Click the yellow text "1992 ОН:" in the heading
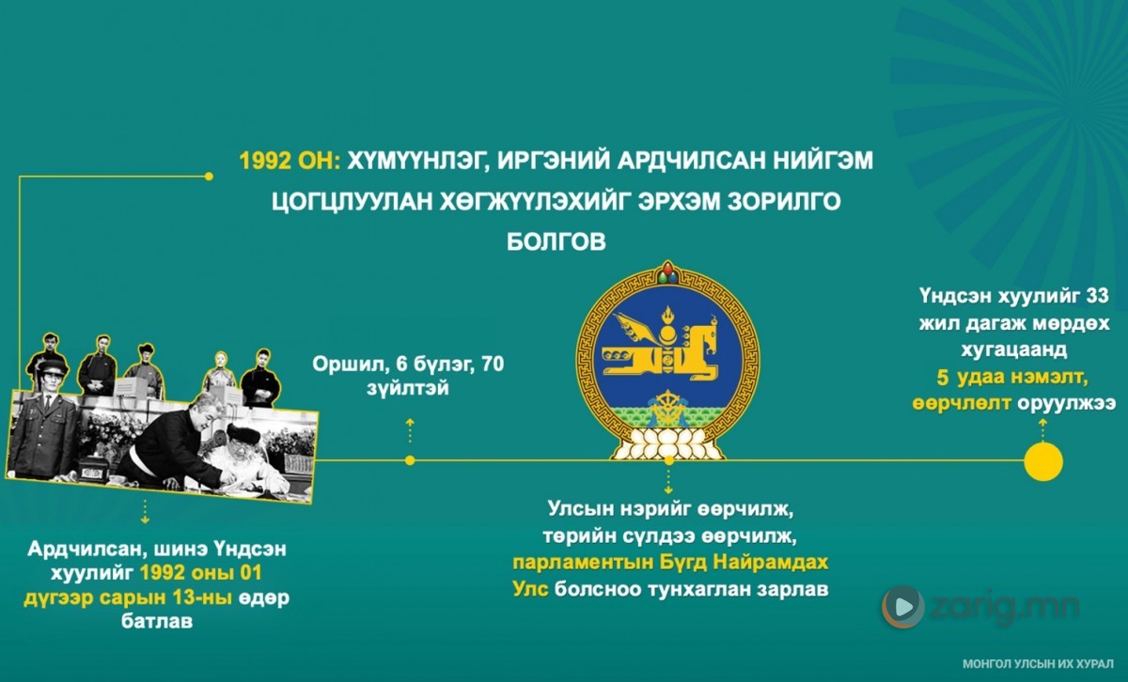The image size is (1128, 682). [290, 161]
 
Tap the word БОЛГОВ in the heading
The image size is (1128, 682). [556, 241]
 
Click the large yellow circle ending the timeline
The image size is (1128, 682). [1043, 461]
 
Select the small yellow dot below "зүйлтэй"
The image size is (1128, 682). [410, 460]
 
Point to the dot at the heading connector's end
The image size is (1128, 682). [209, 177]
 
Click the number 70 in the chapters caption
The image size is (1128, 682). [493, 364]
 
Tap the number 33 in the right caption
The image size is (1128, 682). [1097, 296]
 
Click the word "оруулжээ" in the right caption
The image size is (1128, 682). [1067, 404]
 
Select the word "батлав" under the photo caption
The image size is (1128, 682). [157, 621]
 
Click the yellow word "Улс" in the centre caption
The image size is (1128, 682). [530, 589]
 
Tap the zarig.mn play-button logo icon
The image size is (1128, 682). [903, 607]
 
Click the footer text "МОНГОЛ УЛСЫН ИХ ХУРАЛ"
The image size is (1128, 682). [1038, 664]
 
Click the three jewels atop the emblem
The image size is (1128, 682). [667, 272]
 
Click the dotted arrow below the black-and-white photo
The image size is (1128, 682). [145, 512]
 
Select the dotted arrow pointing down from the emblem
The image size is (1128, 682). [668, 482]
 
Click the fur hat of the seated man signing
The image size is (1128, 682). [243, 434]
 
